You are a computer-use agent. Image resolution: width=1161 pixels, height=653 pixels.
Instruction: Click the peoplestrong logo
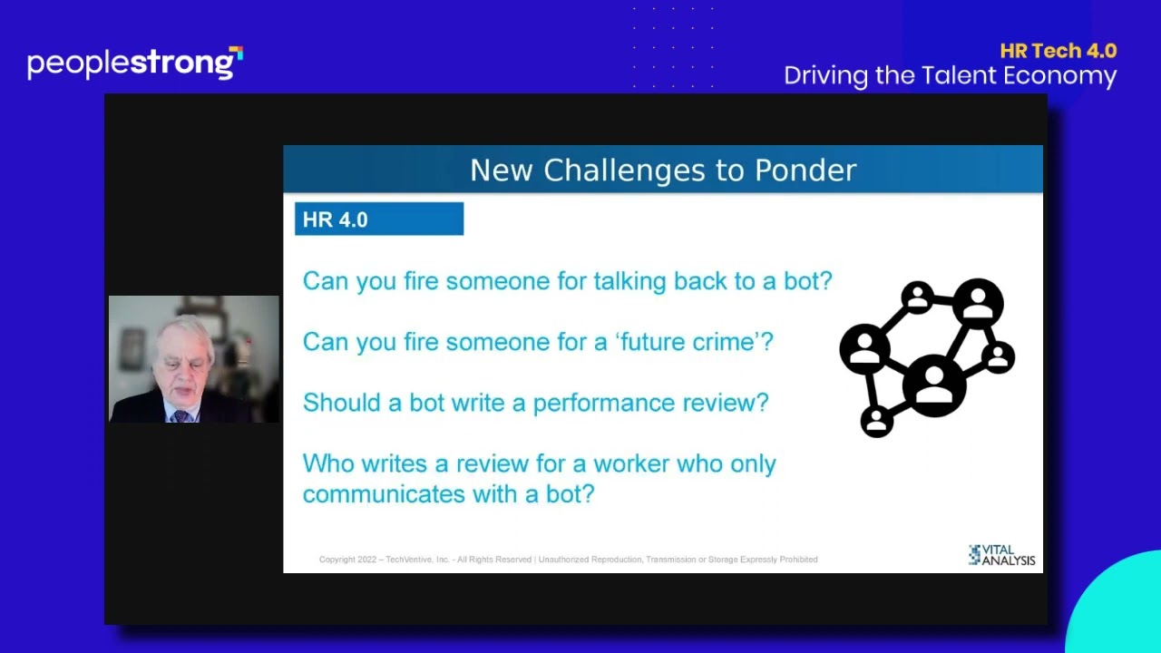click(135, 63)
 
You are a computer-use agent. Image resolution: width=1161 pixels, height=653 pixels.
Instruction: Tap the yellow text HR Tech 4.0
click(1058, 51)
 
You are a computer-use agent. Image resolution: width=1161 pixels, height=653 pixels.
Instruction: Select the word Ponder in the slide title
click(805, 170)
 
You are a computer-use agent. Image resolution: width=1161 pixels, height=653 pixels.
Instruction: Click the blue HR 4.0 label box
click(379, 219)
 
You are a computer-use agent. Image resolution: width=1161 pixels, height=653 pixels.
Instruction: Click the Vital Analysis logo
click(1001, 555)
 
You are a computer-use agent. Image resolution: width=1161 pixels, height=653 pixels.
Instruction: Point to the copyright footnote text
click(568, 560)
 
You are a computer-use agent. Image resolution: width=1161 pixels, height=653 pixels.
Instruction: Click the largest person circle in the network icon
click(934, 385)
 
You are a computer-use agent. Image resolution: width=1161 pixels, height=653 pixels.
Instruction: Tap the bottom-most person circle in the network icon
click(876, 422)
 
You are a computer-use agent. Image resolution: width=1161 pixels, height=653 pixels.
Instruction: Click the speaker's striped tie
click(180, 415)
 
